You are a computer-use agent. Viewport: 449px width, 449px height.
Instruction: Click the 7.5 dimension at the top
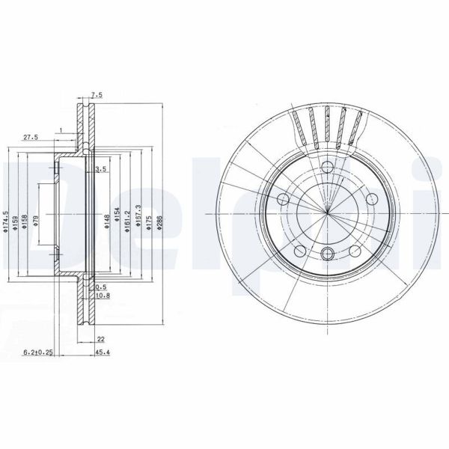coord(97,95)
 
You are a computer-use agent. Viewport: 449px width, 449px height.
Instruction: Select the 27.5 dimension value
coord(31,138)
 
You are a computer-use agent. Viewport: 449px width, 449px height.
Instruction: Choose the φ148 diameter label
coord(106,219)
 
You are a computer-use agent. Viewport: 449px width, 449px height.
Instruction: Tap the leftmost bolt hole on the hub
coord(284,199)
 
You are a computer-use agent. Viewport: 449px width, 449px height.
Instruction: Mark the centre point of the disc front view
coord(327,212)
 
